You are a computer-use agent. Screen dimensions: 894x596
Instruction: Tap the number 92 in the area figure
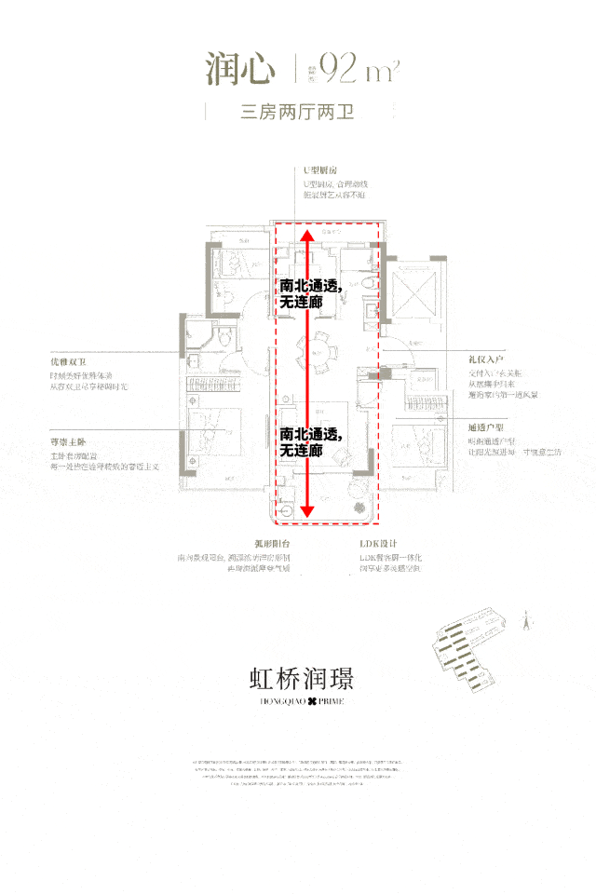[335, 69]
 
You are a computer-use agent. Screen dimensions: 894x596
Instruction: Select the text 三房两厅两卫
[298, 114]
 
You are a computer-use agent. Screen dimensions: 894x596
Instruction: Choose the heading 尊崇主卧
[69, 443]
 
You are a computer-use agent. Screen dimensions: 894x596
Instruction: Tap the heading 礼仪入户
[486, 359]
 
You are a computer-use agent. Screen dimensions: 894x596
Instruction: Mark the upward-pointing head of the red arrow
[308, 233]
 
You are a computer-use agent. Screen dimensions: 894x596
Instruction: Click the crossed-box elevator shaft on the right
[413, 290]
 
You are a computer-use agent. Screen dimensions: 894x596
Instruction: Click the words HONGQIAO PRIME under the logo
[298, 700]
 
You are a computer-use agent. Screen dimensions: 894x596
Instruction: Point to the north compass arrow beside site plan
[526, 615]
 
